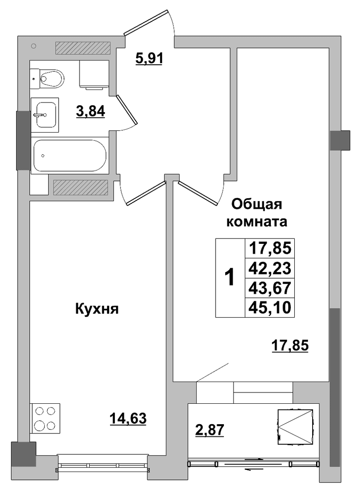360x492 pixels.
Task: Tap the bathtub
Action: tap(70, 156)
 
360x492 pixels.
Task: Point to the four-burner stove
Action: tap(45, 418)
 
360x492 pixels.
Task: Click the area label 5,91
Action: tap(149, 58)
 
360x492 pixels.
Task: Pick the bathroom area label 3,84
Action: tap(90, 111)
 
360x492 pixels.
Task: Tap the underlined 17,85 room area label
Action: tap(290, 346)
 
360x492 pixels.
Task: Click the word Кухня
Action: tap(97, 309)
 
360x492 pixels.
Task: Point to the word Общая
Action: tap(257, 205)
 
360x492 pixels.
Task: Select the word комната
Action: tap(257, 222)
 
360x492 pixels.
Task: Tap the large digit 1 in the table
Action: tap(230, 277)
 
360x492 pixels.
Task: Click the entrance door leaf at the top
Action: tap(146, 22)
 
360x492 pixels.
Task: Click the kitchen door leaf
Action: tap(145, 193)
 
